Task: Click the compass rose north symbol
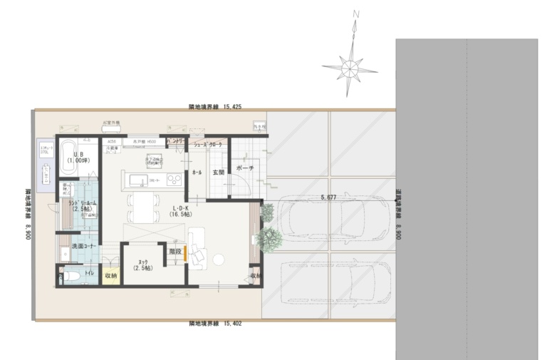click(351, 68)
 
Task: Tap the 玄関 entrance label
click(218, 172)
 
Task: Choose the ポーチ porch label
click(244, 168)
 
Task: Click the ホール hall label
click(197, 173)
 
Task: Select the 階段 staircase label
click(175, 251)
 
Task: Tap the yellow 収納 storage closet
click(110, 274)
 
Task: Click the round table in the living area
click(219, 259)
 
